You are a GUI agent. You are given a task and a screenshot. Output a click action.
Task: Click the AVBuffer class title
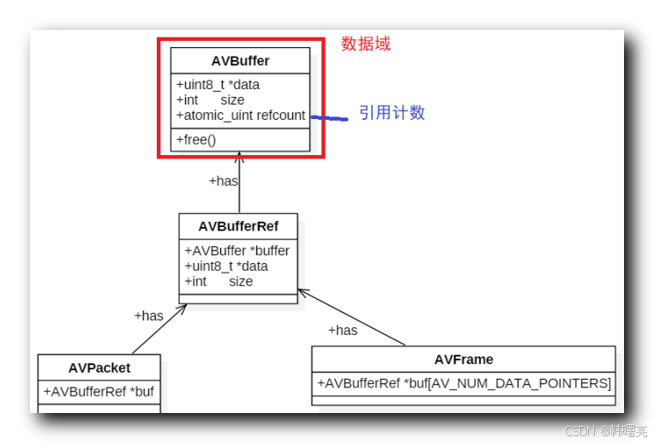240,61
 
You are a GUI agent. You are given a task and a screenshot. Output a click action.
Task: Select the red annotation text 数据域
366,44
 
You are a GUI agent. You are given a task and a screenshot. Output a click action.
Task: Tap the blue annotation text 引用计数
392,113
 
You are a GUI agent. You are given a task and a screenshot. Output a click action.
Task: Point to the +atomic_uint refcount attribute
240,115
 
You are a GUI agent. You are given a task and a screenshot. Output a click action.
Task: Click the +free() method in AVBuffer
196,140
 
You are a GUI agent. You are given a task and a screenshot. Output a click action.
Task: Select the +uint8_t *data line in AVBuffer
218,85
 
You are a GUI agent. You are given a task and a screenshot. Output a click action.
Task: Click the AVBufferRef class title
237,226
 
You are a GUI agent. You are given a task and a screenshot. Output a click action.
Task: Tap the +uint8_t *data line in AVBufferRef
225,266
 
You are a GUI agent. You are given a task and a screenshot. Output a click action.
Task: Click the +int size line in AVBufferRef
219,281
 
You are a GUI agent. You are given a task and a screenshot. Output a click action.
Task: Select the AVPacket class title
99,368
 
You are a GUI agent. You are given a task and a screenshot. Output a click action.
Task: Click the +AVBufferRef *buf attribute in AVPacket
99,392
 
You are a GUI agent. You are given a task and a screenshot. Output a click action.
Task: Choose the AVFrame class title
464,359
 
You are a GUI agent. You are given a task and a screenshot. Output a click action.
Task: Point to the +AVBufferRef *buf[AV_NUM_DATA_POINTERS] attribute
464,383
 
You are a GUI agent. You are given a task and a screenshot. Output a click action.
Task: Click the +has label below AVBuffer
224,181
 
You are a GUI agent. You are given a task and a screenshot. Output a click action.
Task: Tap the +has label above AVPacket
148,315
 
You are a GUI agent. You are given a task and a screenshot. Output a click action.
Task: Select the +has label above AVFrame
343,330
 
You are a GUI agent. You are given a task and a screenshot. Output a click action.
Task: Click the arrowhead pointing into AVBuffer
240,157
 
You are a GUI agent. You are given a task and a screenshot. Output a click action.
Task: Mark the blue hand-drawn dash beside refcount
328,118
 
